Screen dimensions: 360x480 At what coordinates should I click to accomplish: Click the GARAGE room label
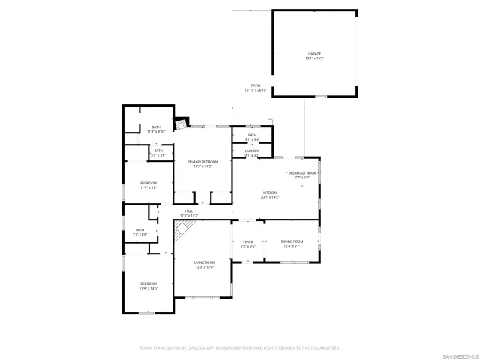(x=314, y=54)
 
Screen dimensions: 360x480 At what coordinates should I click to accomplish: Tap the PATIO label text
(x=256, y=85)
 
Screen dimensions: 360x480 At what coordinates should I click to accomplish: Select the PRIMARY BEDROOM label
(x=202, y=162)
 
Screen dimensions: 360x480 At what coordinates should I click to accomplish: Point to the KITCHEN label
(x=269, y=193)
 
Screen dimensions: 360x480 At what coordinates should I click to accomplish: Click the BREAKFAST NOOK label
(x=301, y=173)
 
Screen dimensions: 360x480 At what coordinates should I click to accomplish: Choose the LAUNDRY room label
(x=252, y=151)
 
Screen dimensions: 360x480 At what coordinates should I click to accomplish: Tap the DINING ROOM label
(x=292, y=241)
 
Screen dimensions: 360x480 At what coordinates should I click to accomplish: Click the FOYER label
(x=247, y=241)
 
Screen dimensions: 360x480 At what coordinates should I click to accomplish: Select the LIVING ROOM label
(x=205, y=262)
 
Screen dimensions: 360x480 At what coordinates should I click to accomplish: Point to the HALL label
(x=189, y=211)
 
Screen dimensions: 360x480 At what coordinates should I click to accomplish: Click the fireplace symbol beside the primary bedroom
(x=181, y=122)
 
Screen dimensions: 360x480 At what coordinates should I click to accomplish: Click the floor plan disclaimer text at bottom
(x=240, y=347)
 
